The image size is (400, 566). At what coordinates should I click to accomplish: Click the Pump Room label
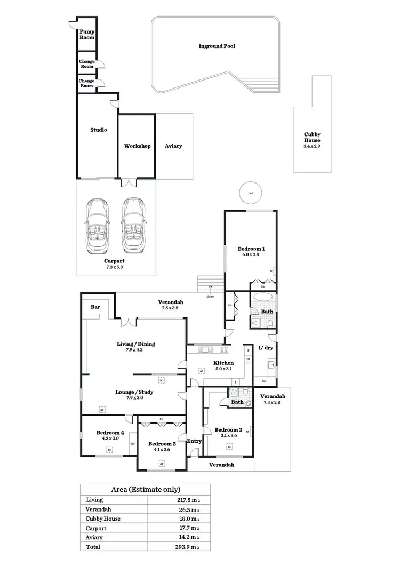[x=87, y=35]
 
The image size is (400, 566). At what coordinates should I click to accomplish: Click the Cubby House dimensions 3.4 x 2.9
[x=312, y=146]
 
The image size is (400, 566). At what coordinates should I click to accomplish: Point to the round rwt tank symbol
[x=250, y=194]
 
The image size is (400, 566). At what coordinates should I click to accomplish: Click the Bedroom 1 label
[x=251, y=249]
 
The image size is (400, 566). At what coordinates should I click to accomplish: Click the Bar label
[x=96, y=307]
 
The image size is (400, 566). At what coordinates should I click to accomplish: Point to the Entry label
[x=194, y=441]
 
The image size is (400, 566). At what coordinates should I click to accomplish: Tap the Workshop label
[x=137, y=146]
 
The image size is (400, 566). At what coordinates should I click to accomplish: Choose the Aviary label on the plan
[x=173, y=146]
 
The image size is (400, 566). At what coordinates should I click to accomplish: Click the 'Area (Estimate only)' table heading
[x=145, y=489]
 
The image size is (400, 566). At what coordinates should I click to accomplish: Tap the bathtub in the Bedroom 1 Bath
[x=262, y=297]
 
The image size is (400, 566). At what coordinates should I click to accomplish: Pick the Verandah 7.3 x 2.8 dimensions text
[x=272, y=403]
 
